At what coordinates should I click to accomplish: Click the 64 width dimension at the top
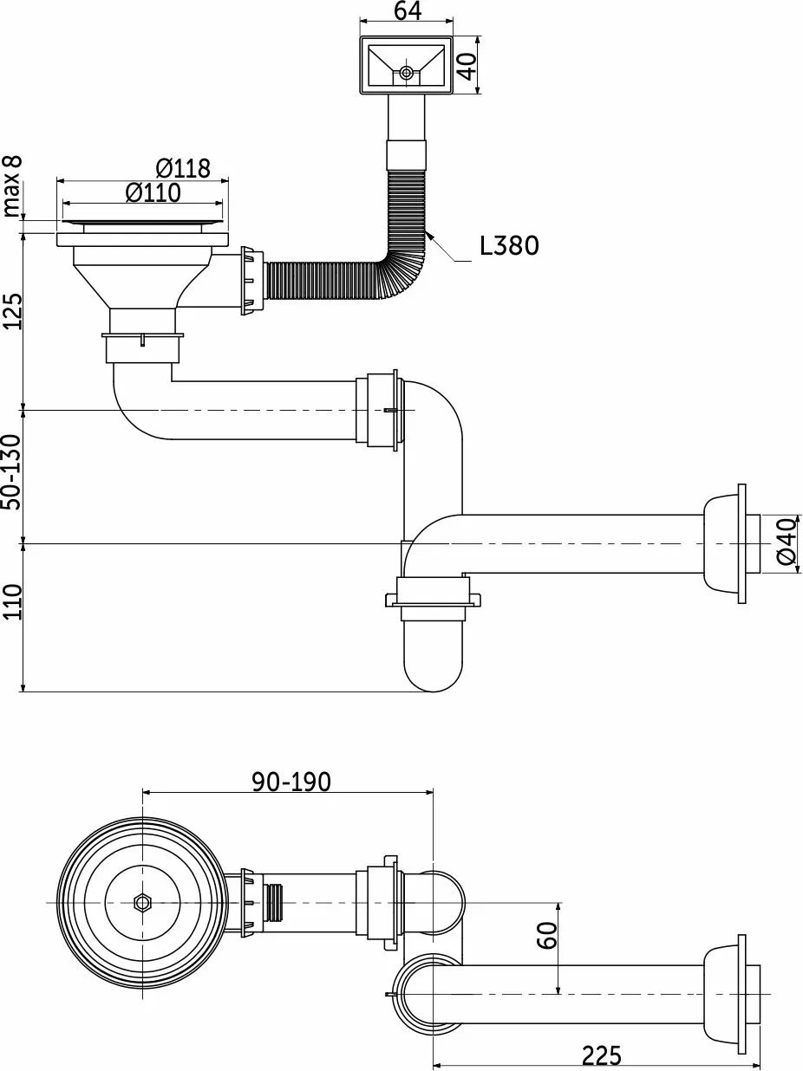(408, 10)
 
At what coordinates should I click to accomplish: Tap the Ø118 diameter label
(183, 169)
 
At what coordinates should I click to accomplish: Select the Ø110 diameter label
(153, 192)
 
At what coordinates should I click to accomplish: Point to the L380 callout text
(510, 245)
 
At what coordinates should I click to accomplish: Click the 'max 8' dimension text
(12, 186)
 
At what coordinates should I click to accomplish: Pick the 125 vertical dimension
(12, 311)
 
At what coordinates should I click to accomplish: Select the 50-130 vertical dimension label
(12, 472)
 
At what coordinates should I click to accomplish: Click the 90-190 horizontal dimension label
(291, 782)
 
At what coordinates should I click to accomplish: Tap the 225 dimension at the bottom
(602, 1055)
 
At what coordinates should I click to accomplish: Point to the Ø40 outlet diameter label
(787, 542)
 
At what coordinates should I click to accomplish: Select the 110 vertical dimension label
(12, 602)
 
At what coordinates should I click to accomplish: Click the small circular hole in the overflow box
(406, 73)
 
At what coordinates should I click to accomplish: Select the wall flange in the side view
(724, 543)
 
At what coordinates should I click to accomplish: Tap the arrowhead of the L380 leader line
(429, 237)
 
